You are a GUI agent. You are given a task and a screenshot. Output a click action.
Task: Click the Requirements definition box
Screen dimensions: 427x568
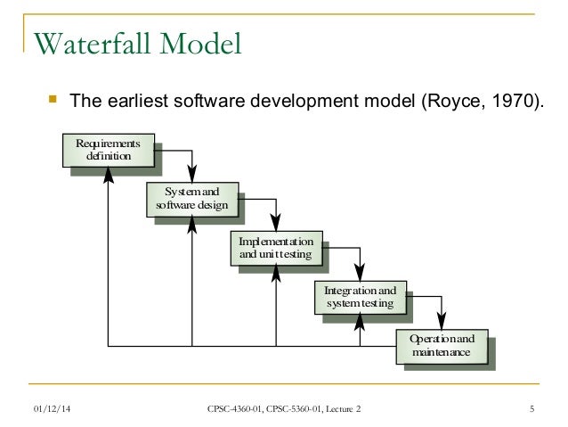(108, 150)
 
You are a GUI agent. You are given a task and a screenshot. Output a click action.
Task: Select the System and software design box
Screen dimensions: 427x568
(192, 200)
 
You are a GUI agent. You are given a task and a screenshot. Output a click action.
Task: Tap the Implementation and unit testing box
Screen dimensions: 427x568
(276, 249)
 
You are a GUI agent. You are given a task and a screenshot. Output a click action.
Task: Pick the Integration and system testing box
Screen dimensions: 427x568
(360, 298)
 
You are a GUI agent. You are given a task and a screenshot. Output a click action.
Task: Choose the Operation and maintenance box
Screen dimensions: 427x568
(442, 346)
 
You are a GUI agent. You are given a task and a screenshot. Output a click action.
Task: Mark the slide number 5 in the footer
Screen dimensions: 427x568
(531, 409)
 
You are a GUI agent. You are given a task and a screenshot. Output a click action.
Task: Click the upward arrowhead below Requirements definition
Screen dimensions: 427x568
(108, 175)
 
